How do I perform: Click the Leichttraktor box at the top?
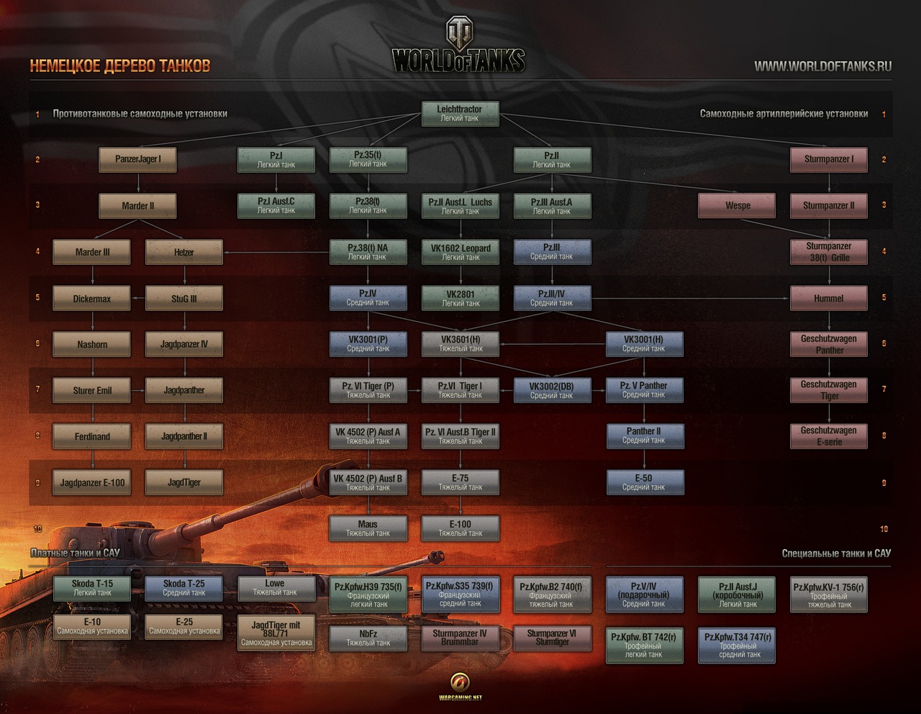click(460, 114)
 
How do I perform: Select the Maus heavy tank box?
click(368, 528)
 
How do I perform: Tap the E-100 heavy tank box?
click(460, 528)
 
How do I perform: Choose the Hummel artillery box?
click(828, 298)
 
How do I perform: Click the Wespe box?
click(737, 205)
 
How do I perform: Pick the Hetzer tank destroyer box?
click(183, 252)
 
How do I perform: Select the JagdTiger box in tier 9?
click(183, 482)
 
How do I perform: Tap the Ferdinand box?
click(92, 436)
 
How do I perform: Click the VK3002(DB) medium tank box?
click(551, 390)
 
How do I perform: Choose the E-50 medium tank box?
click(643, 482)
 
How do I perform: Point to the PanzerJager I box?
click(138, 159)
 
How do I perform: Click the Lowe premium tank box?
click(276, 588)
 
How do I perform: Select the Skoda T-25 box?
click(183, 588)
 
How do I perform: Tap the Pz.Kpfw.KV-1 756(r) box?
click(828, 595)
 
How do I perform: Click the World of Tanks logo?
click(459, 47)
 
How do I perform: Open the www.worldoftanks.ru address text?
click(822, 66)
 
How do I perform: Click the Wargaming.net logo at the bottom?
click(460, 685)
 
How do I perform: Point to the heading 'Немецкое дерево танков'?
click(120, 66)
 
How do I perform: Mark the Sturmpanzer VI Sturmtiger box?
click(551, 638)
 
